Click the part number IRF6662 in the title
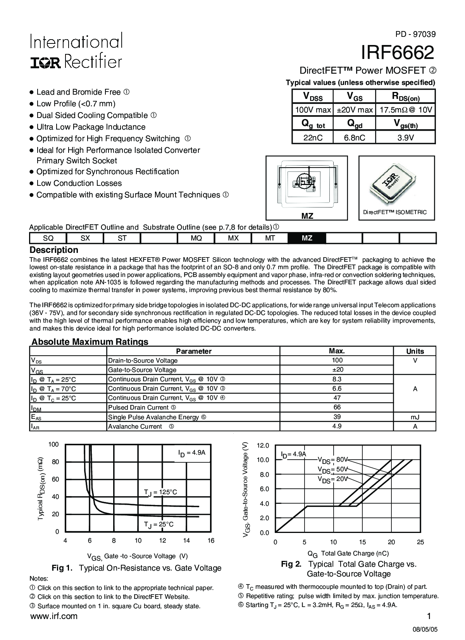398,53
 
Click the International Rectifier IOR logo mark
45,62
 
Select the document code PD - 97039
415,34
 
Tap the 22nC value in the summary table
313,138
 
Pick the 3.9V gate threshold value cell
406,138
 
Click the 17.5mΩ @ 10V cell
406,110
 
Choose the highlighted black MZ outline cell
307,238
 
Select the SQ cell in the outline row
48,238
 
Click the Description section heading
54,250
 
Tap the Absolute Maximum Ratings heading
90,342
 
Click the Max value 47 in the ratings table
337,398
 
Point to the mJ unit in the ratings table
415,417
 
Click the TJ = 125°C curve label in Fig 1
160,492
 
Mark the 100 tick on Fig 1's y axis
54,444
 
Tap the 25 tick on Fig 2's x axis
420,542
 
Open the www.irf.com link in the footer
53,616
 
